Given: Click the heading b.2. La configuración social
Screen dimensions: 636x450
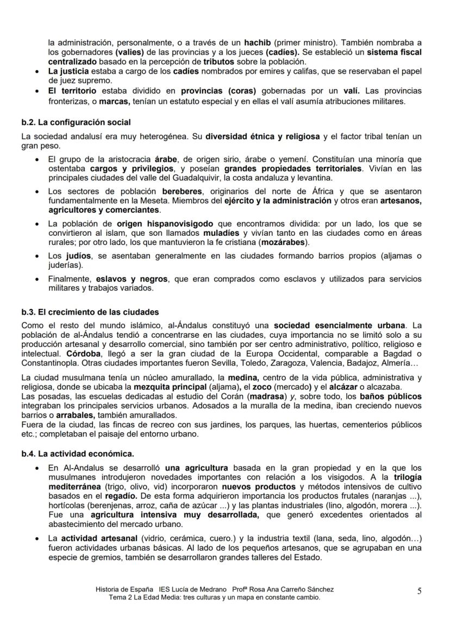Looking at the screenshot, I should click(x=76, y=122).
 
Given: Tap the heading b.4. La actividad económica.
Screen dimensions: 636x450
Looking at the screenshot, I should click(x=78, y=453).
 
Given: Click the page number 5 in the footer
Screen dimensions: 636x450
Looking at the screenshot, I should click(x=419, y=591).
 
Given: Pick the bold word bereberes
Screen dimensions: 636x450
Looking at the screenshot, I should click(x=182, y=192).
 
